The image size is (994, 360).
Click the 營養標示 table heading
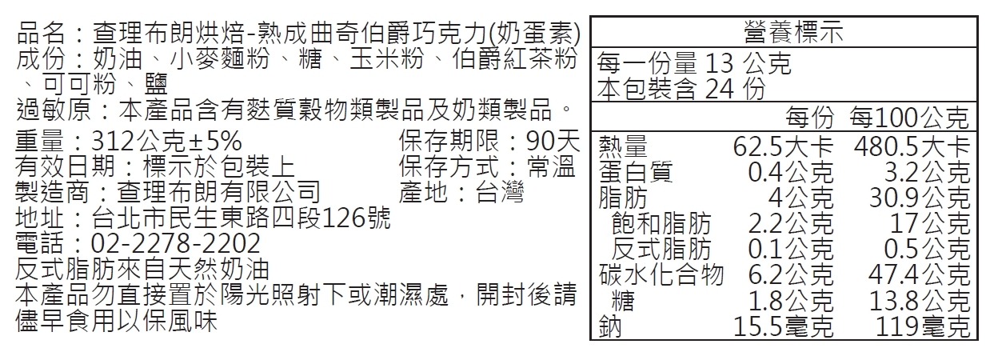click(x=784, y=33)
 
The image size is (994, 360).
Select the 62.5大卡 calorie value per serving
click(x=783, y=148)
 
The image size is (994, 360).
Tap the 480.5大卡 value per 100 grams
click(x=911, y=148)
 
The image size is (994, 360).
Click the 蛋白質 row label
click(x=635, y=173)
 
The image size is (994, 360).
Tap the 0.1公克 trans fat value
click(x=791, y=249)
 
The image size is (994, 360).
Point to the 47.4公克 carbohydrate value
click(x=920, y=274)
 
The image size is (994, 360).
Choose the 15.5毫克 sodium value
click(x=784, y=326)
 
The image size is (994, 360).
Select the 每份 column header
click(x=809, y=119)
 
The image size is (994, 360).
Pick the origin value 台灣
click(x=500, y=193)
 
